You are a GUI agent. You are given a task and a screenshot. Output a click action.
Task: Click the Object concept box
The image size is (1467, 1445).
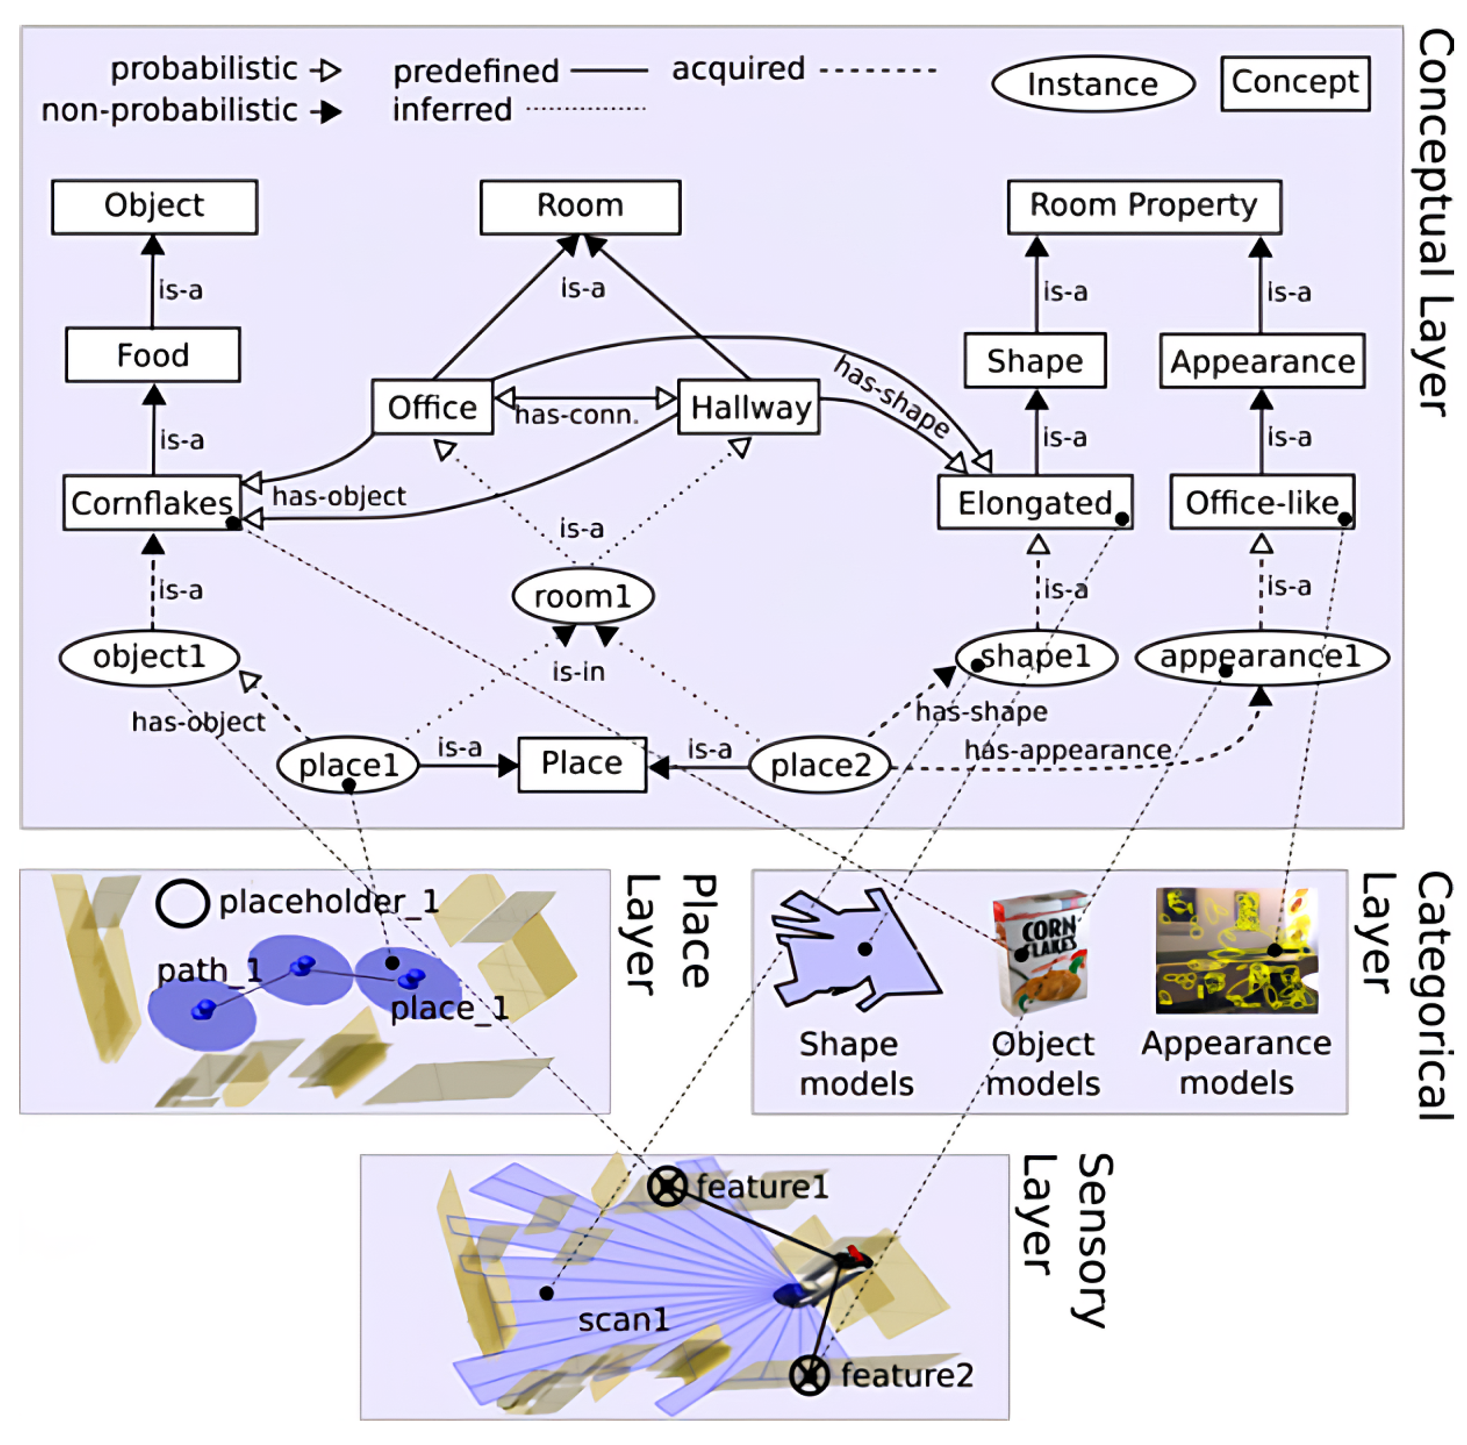tap(154, 207)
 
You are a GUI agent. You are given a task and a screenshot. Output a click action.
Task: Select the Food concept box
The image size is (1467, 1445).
tap(152, 354)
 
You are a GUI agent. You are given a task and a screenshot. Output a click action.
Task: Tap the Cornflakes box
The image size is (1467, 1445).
tap(152, 502)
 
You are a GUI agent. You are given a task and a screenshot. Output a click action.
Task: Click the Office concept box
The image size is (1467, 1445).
tap(432, 408)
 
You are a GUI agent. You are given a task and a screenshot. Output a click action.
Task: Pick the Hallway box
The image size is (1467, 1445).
tap(748, 408)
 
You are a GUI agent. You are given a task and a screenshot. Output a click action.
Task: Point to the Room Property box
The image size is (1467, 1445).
tap(1144, 207)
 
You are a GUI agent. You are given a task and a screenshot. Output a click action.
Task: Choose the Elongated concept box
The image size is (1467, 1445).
tap(1035, 502)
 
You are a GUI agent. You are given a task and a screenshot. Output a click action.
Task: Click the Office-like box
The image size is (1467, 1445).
tap(1262, 502)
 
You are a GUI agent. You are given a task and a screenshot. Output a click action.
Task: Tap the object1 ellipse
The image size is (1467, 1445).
tap(149, 657)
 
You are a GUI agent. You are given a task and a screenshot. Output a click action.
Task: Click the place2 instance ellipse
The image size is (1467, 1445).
tap(820, 765)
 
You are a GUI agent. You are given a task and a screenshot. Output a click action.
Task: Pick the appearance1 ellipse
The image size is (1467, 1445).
tap(1261, 657)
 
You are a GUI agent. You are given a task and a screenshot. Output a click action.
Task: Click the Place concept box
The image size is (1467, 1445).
tap(582, 764)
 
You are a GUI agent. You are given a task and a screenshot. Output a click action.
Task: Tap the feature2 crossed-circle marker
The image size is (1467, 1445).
tap(809, 1375)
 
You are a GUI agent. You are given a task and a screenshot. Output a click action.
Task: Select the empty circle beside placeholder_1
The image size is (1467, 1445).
tap(182, 903)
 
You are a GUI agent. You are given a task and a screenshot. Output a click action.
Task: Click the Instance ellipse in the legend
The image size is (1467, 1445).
tap(1093, 84)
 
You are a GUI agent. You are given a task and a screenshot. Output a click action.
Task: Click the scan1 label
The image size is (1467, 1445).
tap(623, 1320)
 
